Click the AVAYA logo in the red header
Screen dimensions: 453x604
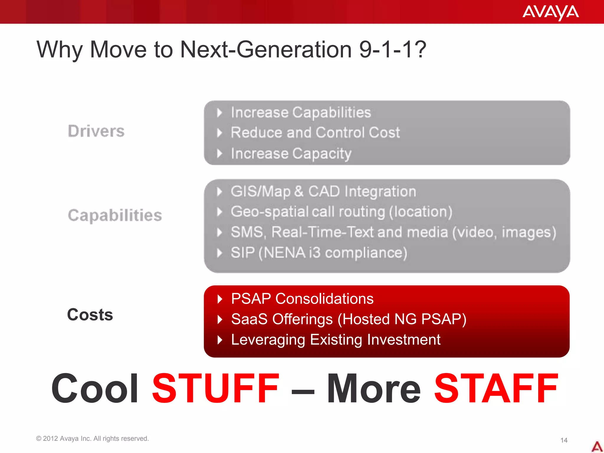(x=550, y=12)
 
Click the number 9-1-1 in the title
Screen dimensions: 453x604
(x=392, y=50)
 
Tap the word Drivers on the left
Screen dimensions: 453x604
(x=96, y=131)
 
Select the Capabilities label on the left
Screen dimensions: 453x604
(x=115, y=215)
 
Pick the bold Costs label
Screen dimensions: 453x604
(x=90, y=314)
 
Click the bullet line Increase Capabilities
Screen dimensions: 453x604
(x=301, y=112)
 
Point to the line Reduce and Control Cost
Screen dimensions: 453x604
(x=315, y=132)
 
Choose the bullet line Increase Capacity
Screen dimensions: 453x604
(x=291, y=153)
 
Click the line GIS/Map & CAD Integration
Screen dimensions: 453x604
(x=323, y=191)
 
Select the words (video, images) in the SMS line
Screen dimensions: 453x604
(x=504, y=232)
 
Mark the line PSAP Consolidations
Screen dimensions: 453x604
(x=302, y=298)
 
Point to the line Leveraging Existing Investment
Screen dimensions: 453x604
(x=336, y=339)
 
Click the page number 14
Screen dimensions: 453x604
(x=564, y=440)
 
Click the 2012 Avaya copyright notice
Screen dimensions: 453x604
(x=92, y=439)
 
